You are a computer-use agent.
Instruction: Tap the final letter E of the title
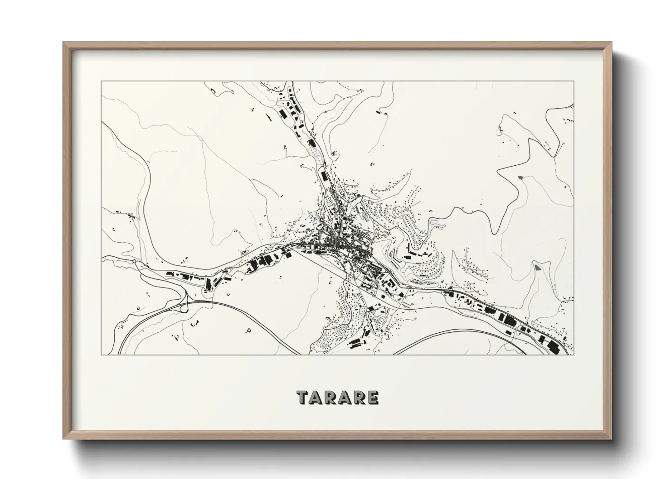tap(373, 398)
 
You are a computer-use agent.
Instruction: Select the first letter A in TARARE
tap(317, 398)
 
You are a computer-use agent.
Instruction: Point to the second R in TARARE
tap(360, 398)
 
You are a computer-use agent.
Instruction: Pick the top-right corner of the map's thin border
tap(574, 81)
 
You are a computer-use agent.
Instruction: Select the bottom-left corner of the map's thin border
tap(101, 354)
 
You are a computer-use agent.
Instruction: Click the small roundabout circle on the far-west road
tap(135, 262)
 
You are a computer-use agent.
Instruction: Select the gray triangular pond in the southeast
tap(537, 267)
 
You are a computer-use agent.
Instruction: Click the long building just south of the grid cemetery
tap(323, 175)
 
